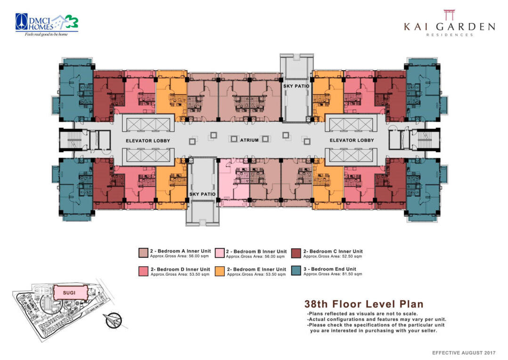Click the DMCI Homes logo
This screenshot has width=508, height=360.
[x=46, y=22]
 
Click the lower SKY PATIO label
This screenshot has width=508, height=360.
[x=202, y=194]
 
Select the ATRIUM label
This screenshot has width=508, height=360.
[x=249, y=140]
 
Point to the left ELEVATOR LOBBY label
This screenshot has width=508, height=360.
[x=148, y=140]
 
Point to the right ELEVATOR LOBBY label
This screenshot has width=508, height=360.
[x=352, y=140]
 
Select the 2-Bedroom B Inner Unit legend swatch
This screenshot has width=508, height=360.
[x=219, y=253]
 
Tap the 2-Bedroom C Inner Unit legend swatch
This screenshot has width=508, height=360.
[x=296, y=253]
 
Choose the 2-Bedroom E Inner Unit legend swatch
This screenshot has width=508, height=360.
[x=219, y=271]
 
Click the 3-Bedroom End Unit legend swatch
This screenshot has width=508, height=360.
[x=296, y=271]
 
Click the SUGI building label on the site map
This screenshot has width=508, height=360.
[x=69, y=292]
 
